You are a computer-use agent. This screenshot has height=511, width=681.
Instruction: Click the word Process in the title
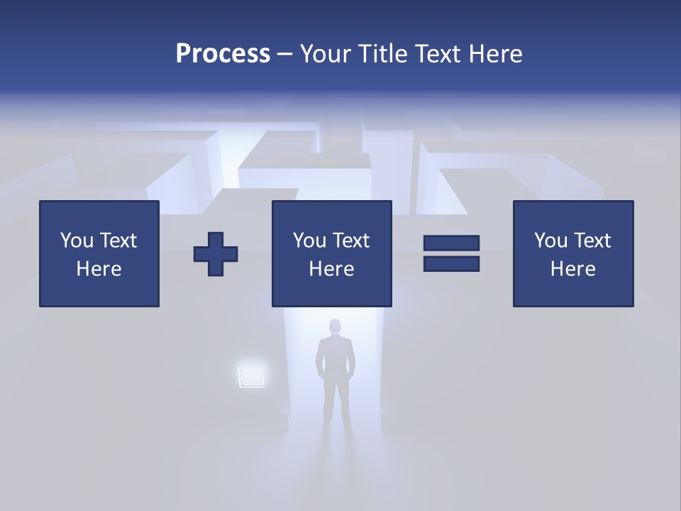pos(223,54)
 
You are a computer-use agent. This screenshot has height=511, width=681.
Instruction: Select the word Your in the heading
pos(325,54)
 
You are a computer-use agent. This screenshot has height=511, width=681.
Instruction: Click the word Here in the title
pos(495,54)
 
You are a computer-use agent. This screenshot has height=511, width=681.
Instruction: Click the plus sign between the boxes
pos(216,254)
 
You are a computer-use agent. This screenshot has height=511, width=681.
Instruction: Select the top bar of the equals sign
pos(451,243)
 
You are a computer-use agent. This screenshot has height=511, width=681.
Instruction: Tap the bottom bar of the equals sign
pos(451,263)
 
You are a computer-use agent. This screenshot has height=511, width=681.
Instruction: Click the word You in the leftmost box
pos(77,241)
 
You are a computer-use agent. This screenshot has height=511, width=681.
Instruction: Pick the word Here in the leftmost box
pos(99,269)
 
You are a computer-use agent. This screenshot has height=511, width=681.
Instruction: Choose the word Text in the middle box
pos(350,241)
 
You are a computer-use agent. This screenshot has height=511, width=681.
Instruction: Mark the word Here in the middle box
pos(331,269)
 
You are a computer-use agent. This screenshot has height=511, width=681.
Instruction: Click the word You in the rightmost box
pos(550,241)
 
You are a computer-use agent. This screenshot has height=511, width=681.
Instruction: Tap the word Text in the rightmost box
pos(592,241)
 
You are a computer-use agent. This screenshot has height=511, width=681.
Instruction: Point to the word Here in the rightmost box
pos(572,269)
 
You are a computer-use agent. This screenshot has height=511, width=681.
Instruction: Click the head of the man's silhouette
pos(335,327)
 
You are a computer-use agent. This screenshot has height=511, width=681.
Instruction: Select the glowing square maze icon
pos(251,375)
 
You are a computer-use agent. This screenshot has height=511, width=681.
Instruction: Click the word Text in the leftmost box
pos(118,241)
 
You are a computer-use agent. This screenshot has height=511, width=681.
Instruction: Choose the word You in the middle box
pos(309,241)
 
